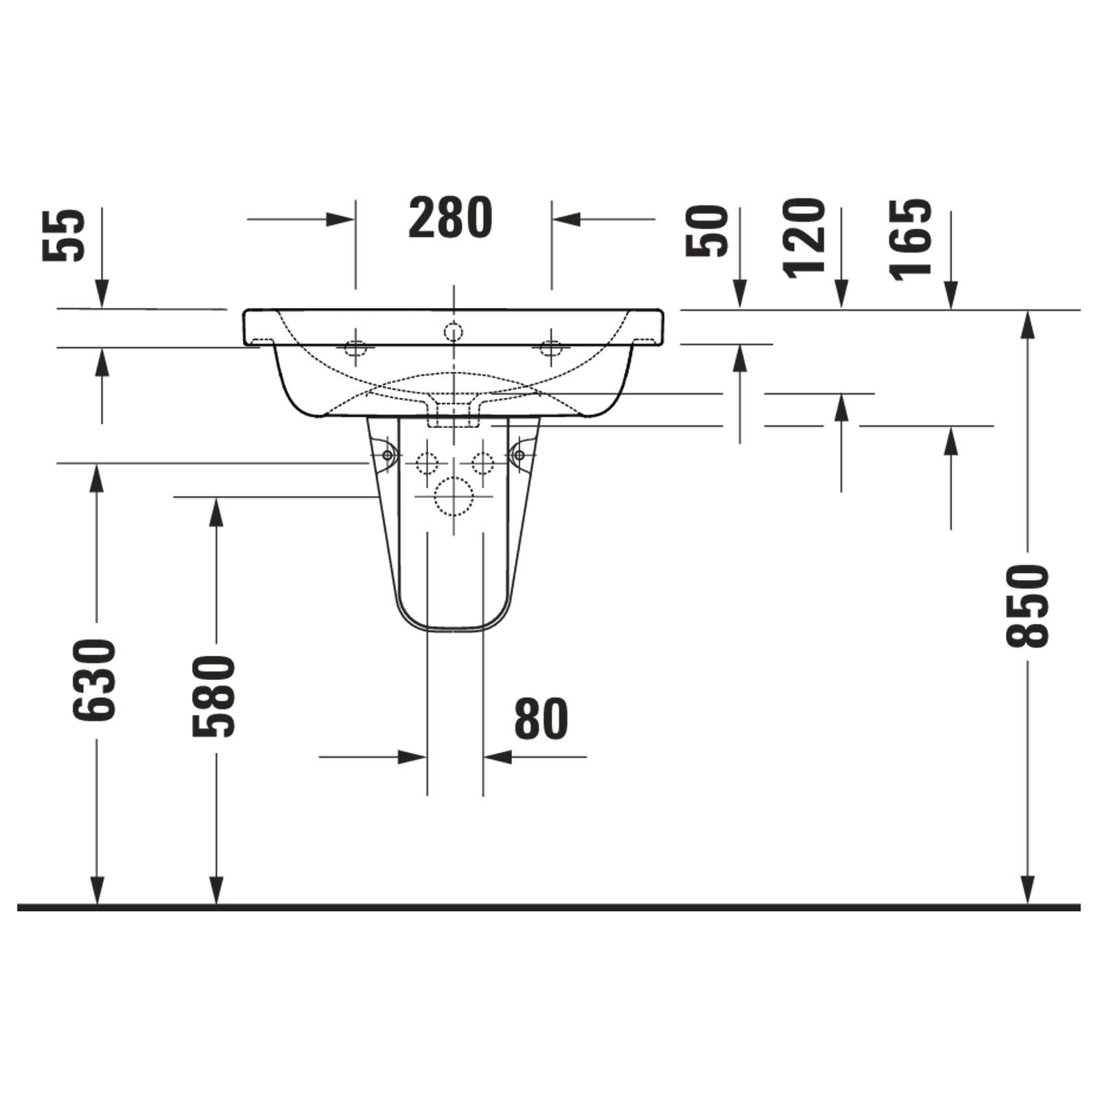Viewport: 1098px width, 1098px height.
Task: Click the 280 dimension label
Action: click(x=451, y=217)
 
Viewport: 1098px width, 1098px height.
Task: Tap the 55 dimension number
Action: click(x=64, y=235)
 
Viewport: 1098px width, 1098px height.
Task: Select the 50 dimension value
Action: click(x=708, y=231)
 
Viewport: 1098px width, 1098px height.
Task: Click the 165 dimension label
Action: click(x=911, y=240)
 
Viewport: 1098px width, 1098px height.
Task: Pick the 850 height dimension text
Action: click(x=1028, y=606)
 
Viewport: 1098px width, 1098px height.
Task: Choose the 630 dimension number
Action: click(x=94, y=680)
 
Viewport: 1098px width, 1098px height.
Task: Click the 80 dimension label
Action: click(x=541, y=719)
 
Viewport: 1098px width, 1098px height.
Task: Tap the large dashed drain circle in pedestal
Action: click(x=454, y=497)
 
